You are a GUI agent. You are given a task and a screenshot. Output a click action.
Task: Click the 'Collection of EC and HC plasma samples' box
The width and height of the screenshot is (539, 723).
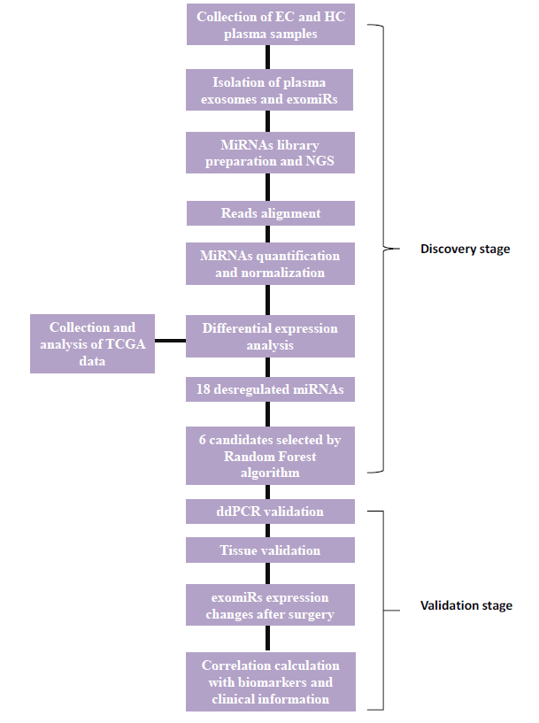point(270,25)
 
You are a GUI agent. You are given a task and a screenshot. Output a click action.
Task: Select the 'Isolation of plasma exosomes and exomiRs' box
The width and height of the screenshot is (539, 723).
point(270,91)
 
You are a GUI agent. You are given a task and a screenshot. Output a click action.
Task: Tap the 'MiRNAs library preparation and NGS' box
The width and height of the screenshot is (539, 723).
point(270,152)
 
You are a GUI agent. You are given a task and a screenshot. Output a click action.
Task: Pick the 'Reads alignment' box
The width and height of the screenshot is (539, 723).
point(270,213)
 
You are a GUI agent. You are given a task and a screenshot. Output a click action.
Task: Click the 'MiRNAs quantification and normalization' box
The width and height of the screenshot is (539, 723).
point(270,264)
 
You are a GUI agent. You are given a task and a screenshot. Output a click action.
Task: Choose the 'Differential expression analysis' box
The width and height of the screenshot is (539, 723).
point(270,336)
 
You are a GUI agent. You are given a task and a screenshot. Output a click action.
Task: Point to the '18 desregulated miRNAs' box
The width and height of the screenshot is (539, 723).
point(270,388)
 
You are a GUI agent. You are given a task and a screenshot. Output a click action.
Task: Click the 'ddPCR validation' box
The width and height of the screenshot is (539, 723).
point(270,511)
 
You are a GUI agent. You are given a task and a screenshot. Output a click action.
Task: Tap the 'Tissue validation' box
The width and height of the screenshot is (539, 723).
point(270,550)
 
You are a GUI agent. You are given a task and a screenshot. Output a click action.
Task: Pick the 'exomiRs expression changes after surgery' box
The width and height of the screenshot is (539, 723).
point(270,605)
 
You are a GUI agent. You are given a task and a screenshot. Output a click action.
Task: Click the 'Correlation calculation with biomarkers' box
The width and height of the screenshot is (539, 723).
point(270,681)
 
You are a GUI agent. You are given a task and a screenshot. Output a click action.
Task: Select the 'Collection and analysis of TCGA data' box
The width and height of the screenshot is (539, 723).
point(92,343)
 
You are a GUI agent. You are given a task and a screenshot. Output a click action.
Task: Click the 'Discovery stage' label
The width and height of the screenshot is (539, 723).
point(465,249)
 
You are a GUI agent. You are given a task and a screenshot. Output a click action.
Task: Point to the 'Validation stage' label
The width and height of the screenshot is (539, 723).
point(466,606)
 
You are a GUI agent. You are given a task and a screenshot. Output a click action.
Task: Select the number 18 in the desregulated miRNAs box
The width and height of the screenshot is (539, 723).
point(204,388)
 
